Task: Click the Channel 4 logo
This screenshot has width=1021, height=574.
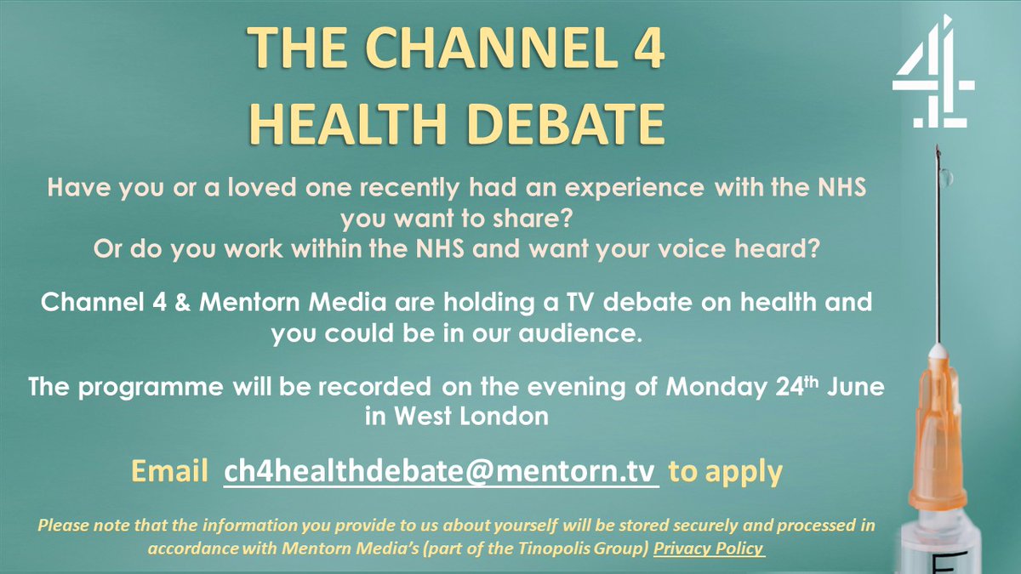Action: pos(933,85)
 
